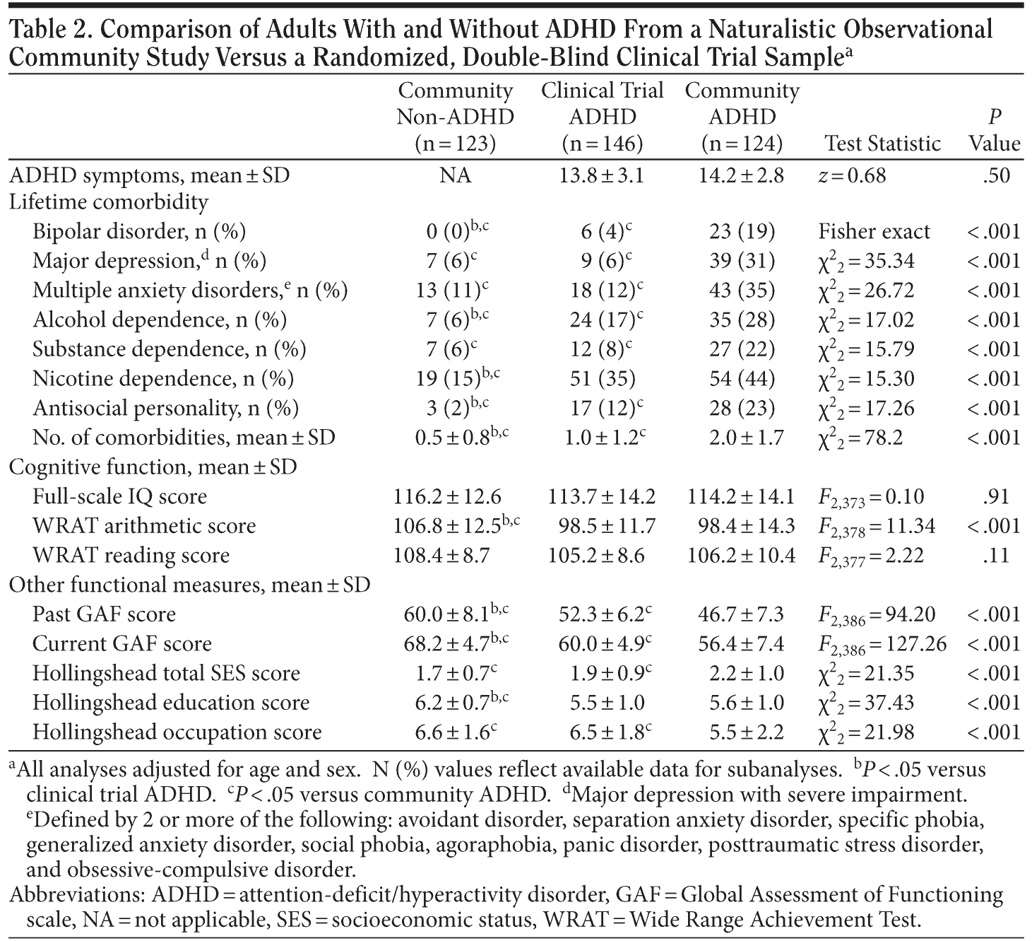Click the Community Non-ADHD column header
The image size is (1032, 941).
(x=455, y=117)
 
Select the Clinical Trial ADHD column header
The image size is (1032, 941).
(x=603, y=117)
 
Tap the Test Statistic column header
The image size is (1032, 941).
(x=883, y=144)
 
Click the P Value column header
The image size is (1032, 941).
(x=995, y=130)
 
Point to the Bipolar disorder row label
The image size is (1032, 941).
(x=138, y=232)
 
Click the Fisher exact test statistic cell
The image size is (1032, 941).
(x=874, y=232)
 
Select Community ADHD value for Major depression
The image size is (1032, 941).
(x=742, y=261)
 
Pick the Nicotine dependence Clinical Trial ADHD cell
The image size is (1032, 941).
(x=603, y=379)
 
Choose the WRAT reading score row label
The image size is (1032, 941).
(x=131, y=556)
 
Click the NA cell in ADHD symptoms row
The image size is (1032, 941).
(x=455, y=175)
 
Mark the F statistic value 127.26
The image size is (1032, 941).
(x=882, y=644)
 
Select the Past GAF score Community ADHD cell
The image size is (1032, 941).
(x=742, y=614)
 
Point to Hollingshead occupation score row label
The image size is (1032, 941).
(x=177, y=732)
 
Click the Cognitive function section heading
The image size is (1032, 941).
(x=153, y=467)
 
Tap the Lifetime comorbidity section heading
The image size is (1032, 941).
(x=108, y=203)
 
